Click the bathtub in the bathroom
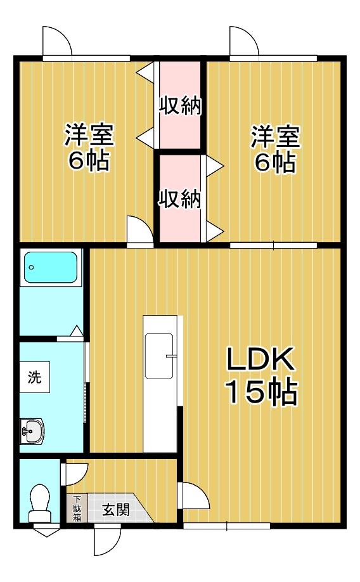point(51,268)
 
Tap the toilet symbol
point(39,503)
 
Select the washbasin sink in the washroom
point(32,431)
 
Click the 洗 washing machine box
point(34,377)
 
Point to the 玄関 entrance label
point(116,510)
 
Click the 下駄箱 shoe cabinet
point(77,508)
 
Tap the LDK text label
point(261,359)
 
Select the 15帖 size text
point(262,392)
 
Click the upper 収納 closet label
point(180,106)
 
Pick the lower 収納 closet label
point(180,198)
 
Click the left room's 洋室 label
point(89,134)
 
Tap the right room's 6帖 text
point(274,161)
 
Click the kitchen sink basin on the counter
point(159,356)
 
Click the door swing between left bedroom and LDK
point(140,231)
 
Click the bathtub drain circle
point(32,268)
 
